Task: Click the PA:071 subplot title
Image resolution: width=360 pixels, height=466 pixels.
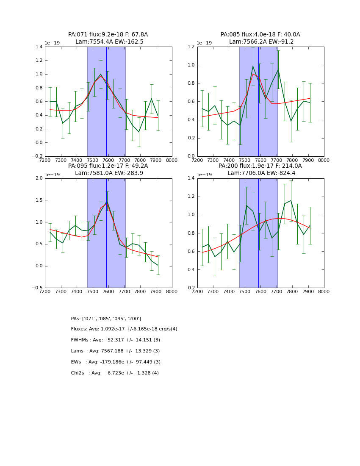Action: [108, 38]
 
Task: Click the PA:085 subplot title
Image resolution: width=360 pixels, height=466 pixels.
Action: [260, 38]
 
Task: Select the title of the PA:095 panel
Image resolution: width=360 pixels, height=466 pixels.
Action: [108, 169]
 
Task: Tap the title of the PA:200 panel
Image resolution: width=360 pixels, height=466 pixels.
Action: [260, 169]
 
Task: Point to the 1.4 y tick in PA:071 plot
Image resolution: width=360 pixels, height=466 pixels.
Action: [39, 47]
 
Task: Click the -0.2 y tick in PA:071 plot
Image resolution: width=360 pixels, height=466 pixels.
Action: [37, 156]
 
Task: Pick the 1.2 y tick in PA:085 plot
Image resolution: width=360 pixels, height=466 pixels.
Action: [191, 47]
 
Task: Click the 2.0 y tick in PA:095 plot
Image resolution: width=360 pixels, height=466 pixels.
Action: [39, 178]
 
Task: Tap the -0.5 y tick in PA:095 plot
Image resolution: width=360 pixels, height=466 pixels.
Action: [37, 288]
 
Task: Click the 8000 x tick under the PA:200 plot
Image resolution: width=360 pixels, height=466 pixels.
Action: [324, 291]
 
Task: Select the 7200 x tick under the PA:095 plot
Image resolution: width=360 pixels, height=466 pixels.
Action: [45, 291]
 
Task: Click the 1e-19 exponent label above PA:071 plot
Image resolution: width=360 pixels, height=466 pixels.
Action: [53, 43]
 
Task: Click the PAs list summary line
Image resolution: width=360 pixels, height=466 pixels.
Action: [106, 319]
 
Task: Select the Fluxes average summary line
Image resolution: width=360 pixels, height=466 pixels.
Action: [124, 329]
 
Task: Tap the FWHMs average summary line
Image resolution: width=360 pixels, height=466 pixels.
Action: [115, 340]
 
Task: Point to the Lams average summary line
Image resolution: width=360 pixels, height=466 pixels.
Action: [115, 351]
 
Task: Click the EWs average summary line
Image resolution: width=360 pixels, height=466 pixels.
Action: [116, 362]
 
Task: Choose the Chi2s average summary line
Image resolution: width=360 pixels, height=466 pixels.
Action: [115, 373]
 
